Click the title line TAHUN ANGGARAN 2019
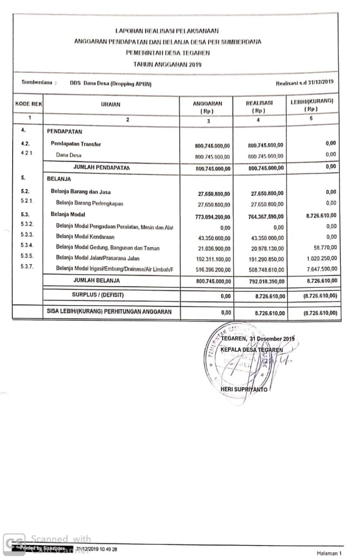pyautogui.click(x=167, y=64)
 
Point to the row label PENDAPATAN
pyautogui.click(x=65, y=132)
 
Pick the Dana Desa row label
pyautogui.click(x=69, y=155)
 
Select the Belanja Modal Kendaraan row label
pyautogui.click(x=85, y=237)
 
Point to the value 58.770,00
pyautogui.click(x=325, y=248)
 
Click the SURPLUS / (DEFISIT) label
pyautogui.click(x=98, y=295)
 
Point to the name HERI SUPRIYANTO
pyautogui.click(x=243, y=390)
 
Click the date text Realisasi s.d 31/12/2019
pyautogui.click(x=304, y=82)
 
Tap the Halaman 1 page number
pyautogui.click(x=329, y=553)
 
